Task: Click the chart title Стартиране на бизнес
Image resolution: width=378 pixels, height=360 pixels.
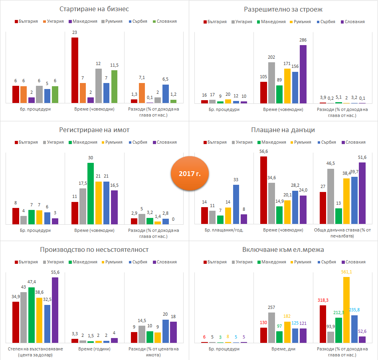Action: point(94,9)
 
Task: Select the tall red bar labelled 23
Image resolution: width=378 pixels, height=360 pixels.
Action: point(75,70)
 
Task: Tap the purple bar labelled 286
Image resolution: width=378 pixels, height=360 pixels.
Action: point(303,74)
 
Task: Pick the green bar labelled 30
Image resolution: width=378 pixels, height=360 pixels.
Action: point(91,194)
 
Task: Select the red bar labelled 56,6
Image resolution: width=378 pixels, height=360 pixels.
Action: point(263,190)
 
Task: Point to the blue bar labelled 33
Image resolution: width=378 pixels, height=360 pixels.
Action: point(236,204)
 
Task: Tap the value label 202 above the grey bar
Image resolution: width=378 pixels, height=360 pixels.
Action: point(271,57)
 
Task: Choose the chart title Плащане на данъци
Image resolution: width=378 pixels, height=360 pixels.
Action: point(283,130)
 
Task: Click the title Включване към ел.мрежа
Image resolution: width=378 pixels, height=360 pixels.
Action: point(283,249)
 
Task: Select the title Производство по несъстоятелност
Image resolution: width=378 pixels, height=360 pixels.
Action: point(94,249)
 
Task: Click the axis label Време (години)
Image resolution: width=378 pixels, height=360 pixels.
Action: point(95,348)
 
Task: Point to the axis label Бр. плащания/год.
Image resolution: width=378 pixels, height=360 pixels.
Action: point(224,230)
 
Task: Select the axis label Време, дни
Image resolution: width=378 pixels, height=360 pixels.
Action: point(283,348)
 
